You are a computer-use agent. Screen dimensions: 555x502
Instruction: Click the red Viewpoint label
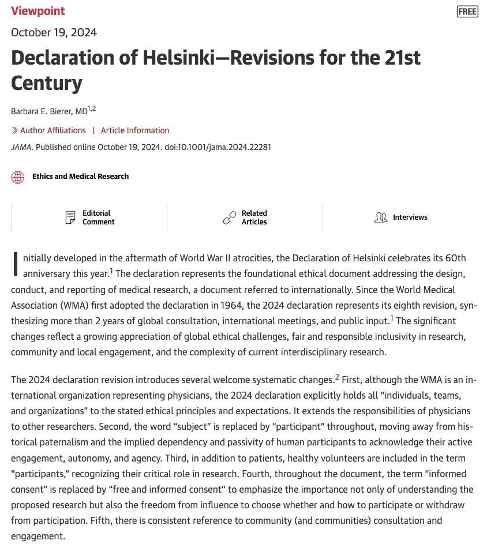[x=38, y=11]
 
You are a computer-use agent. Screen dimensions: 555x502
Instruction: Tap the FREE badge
[x=467, y=12]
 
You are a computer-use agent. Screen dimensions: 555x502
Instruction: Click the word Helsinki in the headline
[x=190, y=58]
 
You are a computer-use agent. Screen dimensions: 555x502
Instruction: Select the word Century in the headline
[x=46, y=84]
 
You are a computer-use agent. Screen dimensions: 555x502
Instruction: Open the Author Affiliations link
[x=53, y=130]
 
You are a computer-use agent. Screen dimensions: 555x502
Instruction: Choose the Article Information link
[x=135, y=130]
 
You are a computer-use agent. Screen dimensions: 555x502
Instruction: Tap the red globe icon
[x=18, y=177]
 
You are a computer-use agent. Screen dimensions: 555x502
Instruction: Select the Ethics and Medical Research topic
[x=80, y=177]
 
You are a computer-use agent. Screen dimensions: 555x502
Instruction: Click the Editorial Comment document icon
[x=70, y=217]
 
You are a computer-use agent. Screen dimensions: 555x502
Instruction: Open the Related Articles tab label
[x=254, y=217]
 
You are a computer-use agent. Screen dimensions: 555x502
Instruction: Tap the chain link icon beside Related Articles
[x=230, y=217]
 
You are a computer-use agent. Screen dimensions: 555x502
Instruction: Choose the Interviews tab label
[x=410, y=217]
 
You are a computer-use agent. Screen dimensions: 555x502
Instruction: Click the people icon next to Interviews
[x=381, y=217]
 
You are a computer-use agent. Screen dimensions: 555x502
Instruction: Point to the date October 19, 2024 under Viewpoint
[x=54, y=32]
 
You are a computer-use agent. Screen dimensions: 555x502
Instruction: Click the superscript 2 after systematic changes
[x=337, y=377]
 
